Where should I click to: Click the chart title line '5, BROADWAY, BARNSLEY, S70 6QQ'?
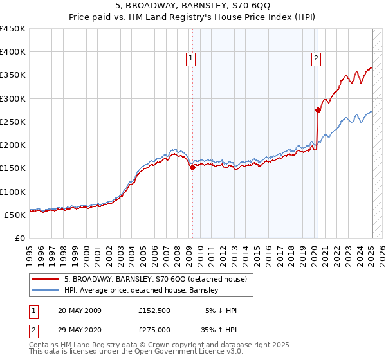point(192,7)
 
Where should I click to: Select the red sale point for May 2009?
point(192,167)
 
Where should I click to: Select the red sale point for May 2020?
point(318,110)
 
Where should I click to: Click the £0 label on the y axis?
point(21,238)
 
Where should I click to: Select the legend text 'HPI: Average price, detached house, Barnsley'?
point(141,290)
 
